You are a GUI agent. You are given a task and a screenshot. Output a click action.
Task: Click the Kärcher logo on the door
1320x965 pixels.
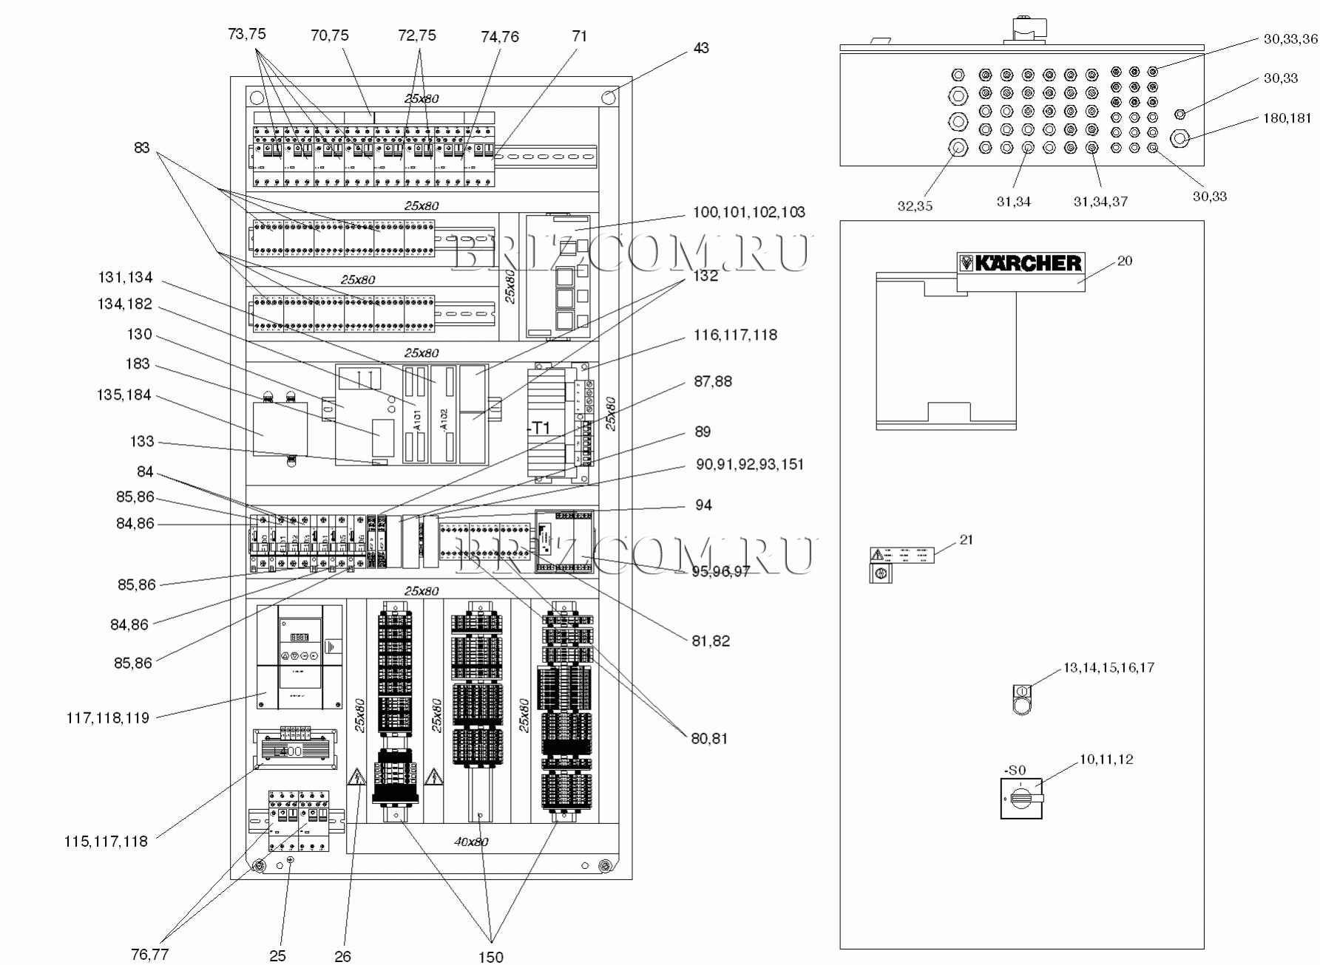pos(1021,263)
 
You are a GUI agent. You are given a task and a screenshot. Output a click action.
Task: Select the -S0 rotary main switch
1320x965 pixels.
pos(1021,798)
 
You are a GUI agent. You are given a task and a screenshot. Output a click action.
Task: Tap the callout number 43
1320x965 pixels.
pos(701,48)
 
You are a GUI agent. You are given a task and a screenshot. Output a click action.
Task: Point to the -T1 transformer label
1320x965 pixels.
pos(539,429)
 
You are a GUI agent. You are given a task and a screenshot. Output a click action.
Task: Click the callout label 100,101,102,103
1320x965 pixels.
pos(748,213)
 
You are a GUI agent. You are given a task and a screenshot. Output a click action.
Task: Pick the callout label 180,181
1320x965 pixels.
pos(1287,118)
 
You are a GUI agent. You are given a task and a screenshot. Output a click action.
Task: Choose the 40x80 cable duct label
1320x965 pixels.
pos(471,842)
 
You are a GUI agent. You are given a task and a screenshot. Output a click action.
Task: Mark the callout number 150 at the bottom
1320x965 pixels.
pos(490,957)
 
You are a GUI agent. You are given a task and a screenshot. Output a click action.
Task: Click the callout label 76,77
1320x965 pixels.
pos(149,955)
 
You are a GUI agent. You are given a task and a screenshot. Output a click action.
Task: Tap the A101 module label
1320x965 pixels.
pos(417,419)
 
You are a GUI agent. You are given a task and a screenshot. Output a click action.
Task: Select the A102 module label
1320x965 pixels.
pos(444,419)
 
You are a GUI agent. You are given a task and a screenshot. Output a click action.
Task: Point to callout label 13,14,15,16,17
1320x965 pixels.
pos(1109,668)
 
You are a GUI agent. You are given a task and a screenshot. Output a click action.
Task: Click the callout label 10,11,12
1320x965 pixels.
pos(1106,760)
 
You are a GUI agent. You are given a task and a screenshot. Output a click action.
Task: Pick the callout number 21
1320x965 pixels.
pos(967,540)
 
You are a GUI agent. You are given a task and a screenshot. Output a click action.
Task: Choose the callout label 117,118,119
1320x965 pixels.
pos(107,717)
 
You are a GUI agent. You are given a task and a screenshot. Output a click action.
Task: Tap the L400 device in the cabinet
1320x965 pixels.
pos(288,751)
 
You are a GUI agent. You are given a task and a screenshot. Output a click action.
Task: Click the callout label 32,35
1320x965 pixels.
pos(915,206)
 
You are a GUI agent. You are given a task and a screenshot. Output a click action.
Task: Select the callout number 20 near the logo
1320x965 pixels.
pos(1125,261)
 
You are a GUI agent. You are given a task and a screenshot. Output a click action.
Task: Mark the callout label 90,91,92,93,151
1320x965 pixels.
pos(749,465)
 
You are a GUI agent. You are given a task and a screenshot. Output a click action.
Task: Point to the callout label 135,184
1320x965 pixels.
pos(123,395)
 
